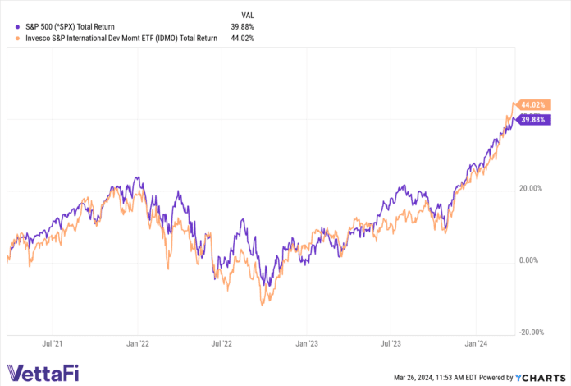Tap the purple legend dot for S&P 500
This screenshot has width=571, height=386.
8,26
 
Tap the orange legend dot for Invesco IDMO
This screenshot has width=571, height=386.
8,36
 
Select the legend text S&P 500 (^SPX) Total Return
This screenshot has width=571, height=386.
70,26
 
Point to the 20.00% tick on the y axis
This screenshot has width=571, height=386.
532,188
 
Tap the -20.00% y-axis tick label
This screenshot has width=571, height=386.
532,332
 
